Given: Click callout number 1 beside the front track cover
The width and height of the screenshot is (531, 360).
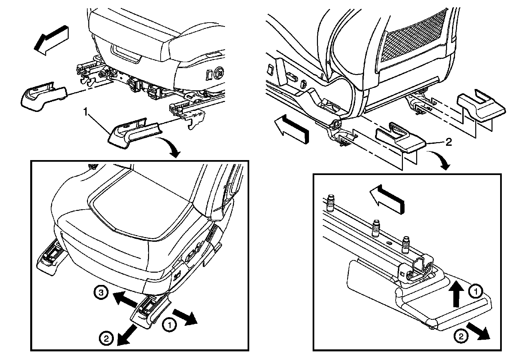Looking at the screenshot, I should [86, 113].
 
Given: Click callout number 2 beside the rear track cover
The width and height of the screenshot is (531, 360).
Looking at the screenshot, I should [448, 142].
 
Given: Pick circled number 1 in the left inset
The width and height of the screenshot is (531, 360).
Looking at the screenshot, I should [169, 325].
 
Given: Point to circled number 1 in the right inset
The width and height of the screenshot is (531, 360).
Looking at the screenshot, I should [475, 292].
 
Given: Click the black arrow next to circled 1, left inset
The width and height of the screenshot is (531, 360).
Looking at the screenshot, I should [185, 315].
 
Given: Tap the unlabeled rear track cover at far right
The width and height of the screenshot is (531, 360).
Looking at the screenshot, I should [481, 108].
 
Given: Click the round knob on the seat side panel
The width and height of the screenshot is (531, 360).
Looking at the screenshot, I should [219, 72].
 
